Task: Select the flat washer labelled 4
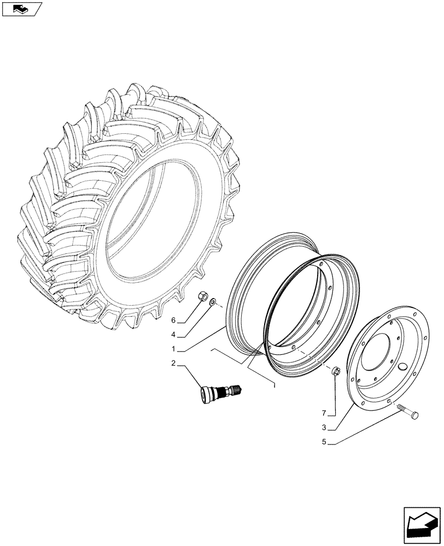213,301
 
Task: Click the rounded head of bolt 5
414,416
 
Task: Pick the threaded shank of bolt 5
402,411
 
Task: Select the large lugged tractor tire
126,207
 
